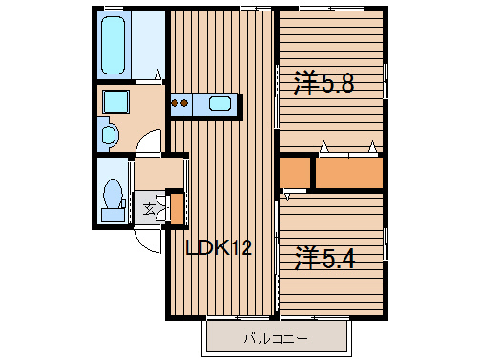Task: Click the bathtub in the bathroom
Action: (x=113, y=45)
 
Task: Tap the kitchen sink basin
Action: (x=219, y=103)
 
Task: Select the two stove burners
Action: (x=179, y=103)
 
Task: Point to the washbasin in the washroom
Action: (x=109, y=135)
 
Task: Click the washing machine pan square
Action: (x=116, y=101)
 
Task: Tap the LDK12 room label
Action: (x=219, y=247)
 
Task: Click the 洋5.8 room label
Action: (x=323, y=82)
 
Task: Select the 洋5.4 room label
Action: (x=324, y=258)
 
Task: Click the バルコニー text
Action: (x=276, y=338)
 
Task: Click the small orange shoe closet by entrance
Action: (x=177, y=208)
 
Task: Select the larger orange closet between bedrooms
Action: (x=349, y=173)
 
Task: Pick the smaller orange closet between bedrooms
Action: (x=295, y=172)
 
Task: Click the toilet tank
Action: (x=113, y=214)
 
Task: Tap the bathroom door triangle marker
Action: (x=157, y=74)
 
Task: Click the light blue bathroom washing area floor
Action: (x=148, y=45)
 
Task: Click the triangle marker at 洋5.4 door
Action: (x=287, y=197)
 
